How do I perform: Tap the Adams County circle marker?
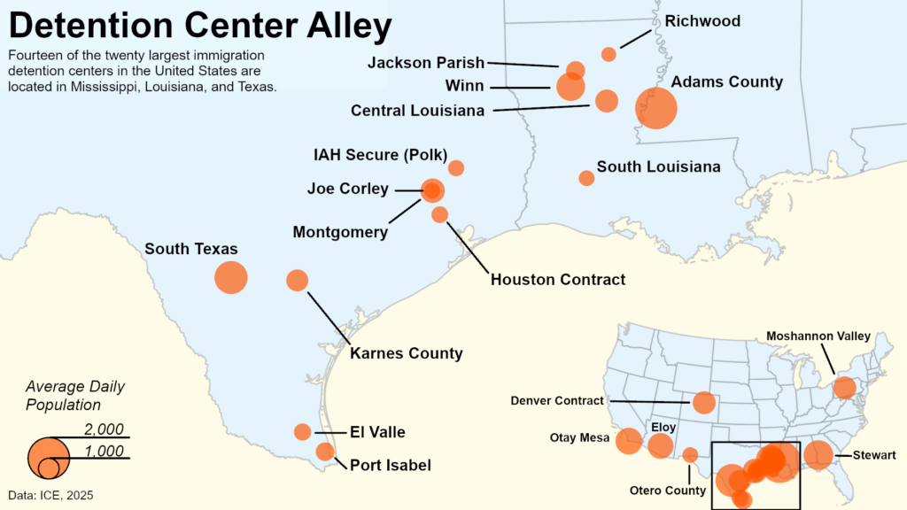click(x=656, y=108)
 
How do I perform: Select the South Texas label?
click(x=191, y=249)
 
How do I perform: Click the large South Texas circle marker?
click(x=231, y=277)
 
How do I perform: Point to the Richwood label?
click(x=702, y=21)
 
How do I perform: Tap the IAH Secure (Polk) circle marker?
click(x=456, y=167)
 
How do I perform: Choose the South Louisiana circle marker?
click(x=586, y=178)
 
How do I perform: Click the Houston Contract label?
click(x=558, y=280)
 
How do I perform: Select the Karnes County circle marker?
click(x=298, y=281)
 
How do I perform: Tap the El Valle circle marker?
click(x=303, y=432)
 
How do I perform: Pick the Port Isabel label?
click(x=391, y=465)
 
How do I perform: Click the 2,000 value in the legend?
click(x=104, y=430)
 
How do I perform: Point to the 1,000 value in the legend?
click(x=104, y=452)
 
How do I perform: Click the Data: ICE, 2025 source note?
click(x=51, y=495)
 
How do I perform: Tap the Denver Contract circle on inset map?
click(x=704, y=403)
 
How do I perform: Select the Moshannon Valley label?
click(x=818, y=336)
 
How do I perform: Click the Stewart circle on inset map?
click(x=818, y=455)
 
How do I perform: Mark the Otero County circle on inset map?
click(x=691, y=455)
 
